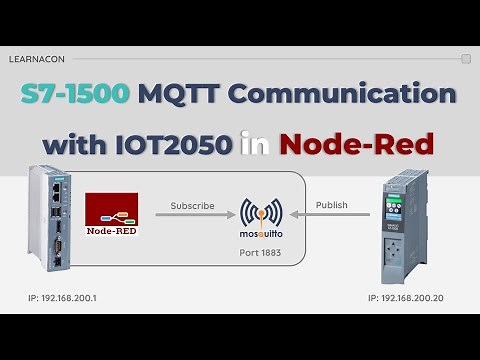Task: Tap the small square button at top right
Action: [466, 59]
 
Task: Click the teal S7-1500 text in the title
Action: [76, 94]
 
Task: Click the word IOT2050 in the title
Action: [174, 144]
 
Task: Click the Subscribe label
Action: [192, 205]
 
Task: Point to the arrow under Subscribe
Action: [192, 216]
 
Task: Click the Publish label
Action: [331, 205]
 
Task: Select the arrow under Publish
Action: [331, 216]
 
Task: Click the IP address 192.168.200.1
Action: [69, 298]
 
